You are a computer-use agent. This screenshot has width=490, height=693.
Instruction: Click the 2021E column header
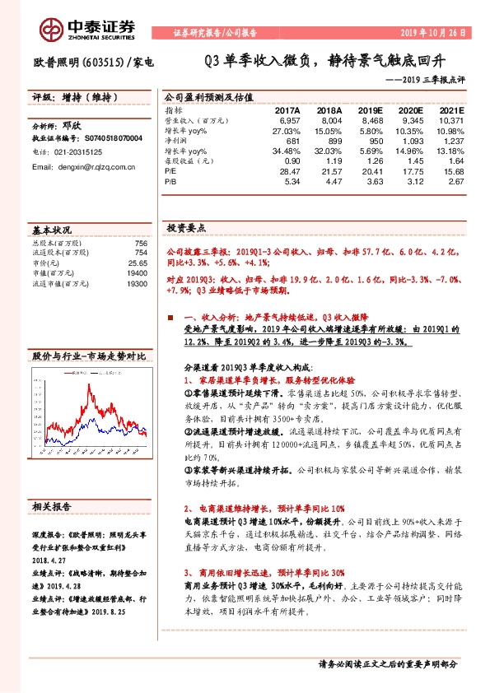(x=451, y=109)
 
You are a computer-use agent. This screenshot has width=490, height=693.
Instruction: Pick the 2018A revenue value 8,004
(x=329, y=120)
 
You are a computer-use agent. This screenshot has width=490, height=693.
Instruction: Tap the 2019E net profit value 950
(x=374, y=141)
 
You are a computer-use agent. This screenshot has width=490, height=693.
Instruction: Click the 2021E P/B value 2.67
(x=455, y=181)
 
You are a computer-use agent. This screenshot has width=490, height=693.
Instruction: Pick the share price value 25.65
(x=138, y=263)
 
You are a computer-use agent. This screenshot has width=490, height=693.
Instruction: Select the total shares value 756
(x=140, y=244)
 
